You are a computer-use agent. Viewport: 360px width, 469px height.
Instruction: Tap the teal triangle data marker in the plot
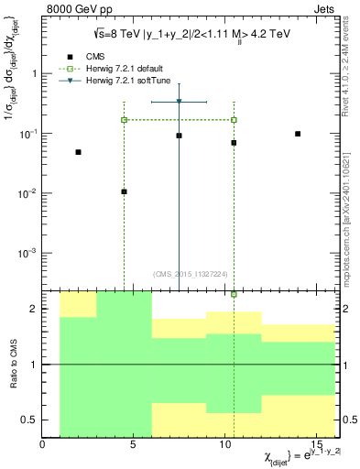point(179,102)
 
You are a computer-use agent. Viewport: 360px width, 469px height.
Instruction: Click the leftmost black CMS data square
point(78,152)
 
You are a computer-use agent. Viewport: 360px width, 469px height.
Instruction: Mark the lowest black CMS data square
point(124,191)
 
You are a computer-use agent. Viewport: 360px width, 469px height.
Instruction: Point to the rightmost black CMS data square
point(298,134)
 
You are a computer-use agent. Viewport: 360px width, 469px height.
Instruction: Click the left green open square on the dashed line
point(124,120)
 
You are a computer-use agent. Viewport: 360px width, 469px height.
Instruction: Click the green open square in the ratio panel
point(234,294)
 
